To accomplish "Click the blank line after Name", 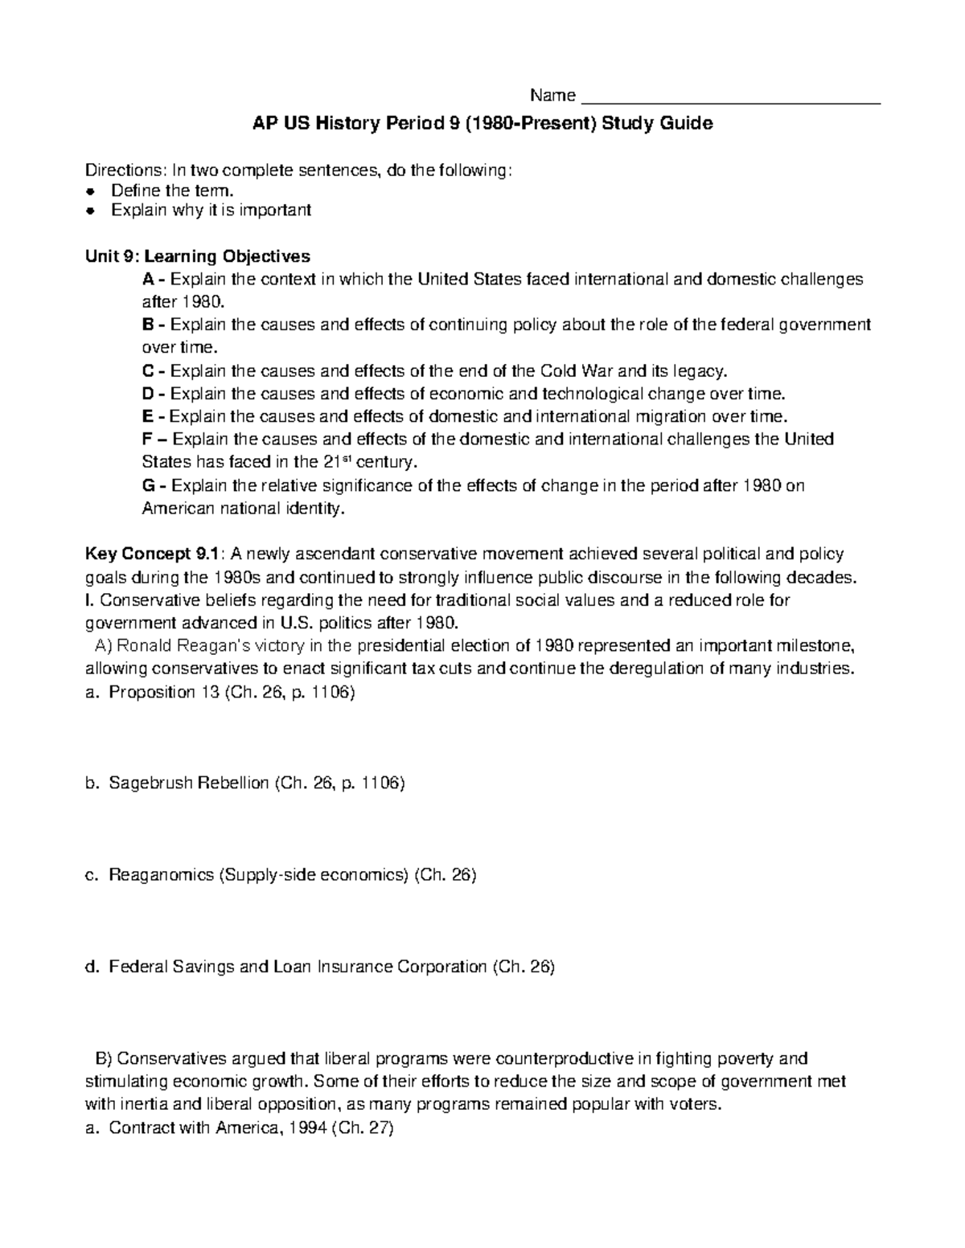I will [730, 99].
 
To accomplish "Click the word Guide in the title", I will [686, 125].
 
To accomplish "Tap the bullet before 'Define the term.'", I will [92, 191].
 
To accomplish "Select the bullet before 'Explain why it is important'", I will [92, 211].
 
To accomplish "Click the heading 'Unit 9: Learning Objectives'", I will [198, 256].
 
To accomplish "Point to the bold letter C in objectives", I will [147, 371].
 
